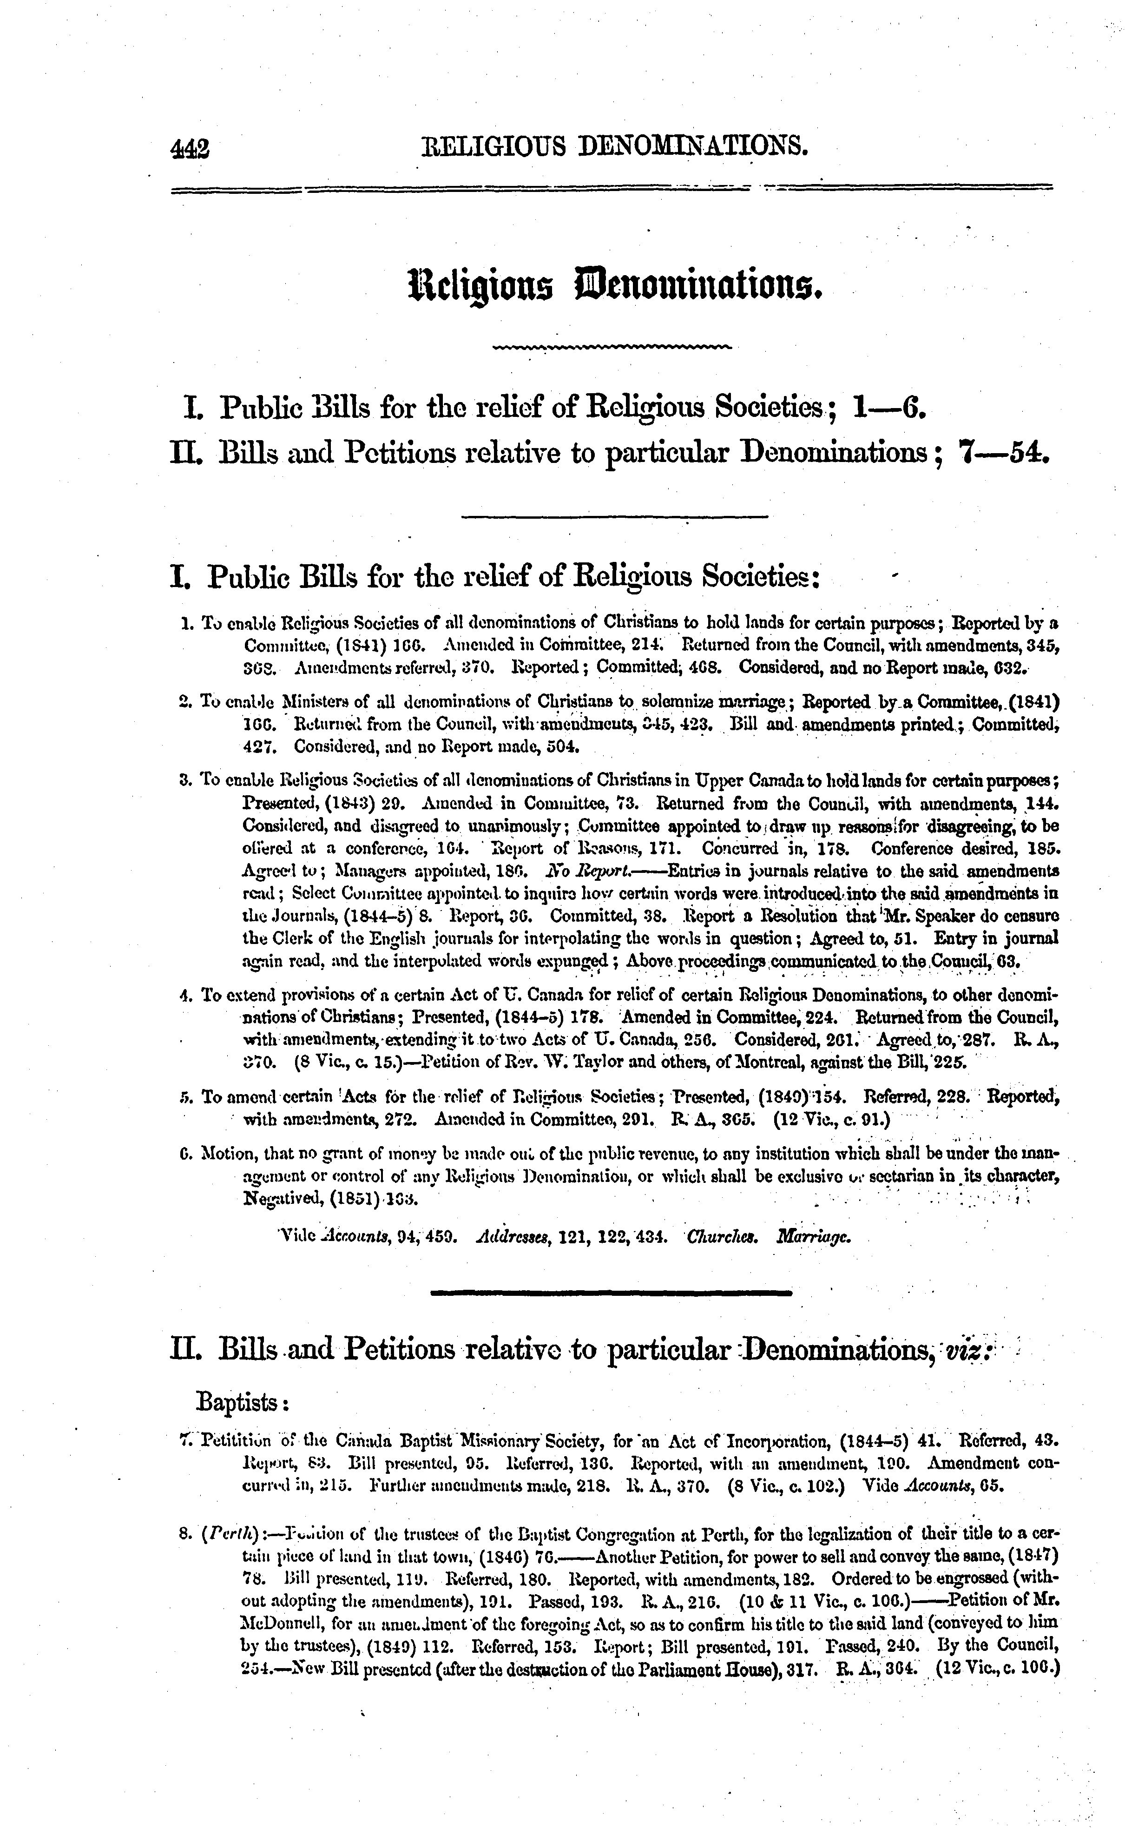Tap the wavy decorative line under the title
tap(612, 347)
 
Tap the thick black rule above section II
tap(612, 1293)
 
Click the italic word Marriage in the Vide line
tap(812, 1237)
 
